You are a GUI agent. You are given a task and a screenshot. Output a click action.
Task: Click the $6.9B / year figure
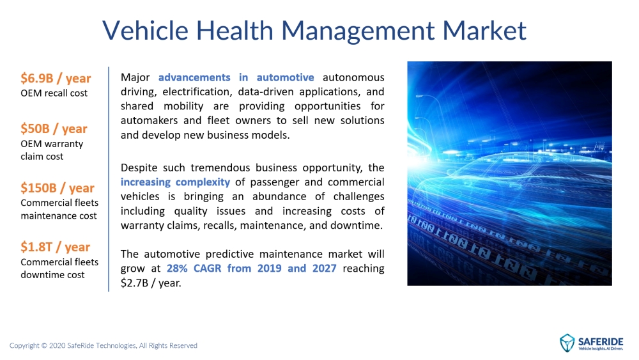point(56,78)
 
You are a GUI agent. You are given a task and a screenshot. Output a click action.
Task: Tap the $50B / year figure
point(54,129)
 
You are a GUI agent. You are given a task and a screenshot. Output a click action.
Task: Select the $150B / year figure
point(58,187)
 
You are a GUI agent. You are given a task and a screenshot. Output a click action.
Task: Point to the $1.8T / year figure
point(55,247)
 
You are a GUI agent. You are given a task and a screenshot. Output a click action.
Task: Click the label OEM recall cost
point(54,93)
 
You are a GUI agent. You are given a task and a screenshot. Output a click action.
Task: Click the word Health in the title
point(235,30)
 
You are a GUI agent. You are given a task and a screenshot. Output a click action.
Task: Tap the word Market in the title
point(484,30)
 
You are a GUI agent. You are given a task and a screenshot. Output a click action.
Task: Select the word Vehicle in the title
point(145,30)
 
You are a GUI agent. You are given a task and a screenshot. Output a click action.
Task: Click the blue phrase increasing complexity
point(175,182)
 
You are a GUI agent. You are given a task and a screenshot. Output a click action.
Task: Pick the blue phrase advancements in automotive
point(236,77)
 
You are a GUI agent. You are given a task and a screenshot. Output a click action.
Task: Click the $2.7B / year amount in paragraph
point(150,283)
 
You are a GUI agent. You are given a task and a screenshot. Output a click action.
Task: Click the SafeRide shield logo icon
point(567,343)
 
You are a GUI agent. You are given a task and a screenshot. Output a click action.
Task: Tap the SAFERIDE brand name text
point(600,341)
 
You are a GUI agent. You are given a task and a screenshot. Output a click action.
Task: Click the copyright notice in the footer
point(103,345)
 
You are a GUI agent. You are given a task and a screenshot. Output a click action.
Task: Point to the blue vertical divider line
point(109,179)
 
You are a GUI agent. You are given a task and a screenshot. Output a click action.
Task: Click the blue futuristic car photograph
point(509,173)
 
